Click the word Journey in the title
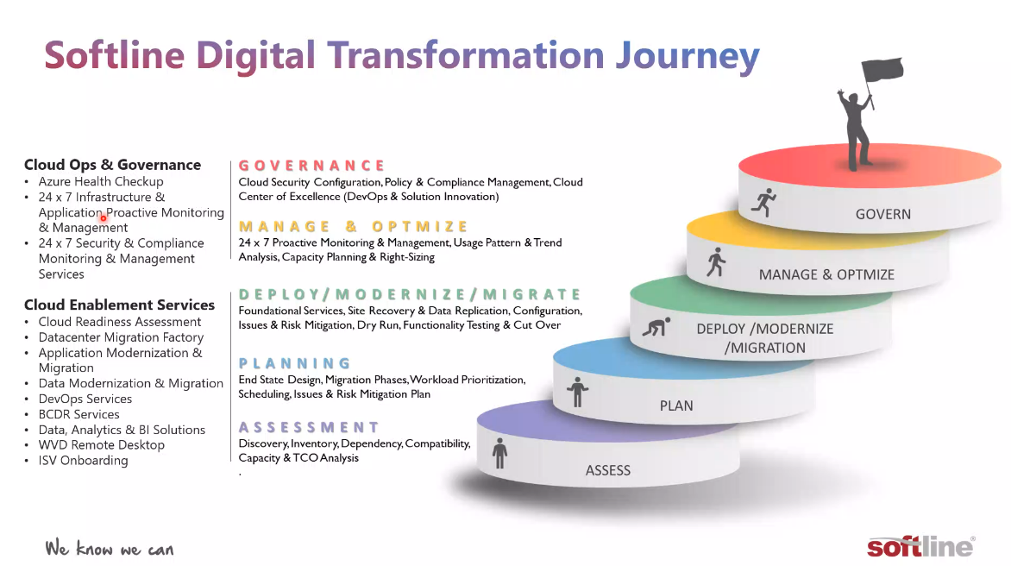[x=688, y=57]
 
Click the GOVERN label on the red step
[x=882, y=214]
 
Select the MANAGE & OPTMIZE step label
[x=826, y=274]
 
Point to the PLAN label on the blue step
[x=676, y=406]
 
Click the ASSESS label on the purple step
[x=608, y=470]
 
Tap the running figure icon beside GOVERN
[x=764, y=203]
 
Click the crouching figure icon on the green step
[x=656, y=327]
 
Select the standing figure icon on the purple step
[x=499, y=453]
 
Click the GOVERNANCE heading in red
[x=312, y=166]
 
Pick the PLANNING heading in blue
[x=295, y=363]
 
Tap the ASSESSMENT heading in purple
[x=309, y=427]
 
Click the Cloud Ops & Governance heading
[x=113, y=165]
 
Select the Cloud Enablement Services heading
[x=119, y=305]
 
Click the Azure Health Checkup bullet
[x=101, y=182]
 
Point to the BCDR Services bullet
[x=78, y=414]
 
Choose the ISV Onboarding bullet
[x=83, y=460]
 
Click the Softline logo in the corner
[x=920, y=547]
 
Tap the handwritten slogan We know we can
[x=109, y=548]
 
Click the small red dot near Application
[x=104, y=218]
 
